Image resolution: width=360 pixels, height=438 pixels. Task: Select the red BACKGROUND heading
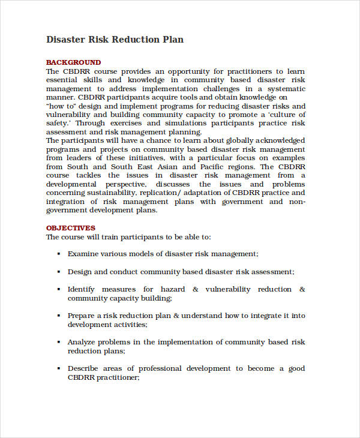point(73,62)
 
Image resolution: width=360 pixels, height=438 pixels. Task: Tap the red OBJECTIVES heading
point(71,228)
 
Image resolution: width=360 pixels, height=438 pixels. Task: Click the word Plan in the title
point(172,40)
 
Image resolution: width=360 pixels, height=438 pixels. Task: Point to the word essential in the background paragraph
point(63,80)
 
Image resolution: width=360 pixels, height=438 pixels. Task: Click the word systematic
point(284,88)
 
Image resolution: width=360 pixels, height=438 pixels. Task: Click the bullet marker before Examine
point(58,254)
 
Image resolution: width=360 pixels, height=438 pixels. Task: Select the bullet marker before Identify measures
point(58,289)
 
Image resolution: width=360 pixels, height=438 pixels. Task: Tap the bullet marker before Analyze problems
point(58,342)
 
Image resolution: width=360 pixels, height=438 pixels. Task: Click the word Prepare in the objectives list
point(81,316)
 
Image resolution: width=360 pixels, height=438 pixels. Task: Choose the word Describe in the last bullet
point(83,368)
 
